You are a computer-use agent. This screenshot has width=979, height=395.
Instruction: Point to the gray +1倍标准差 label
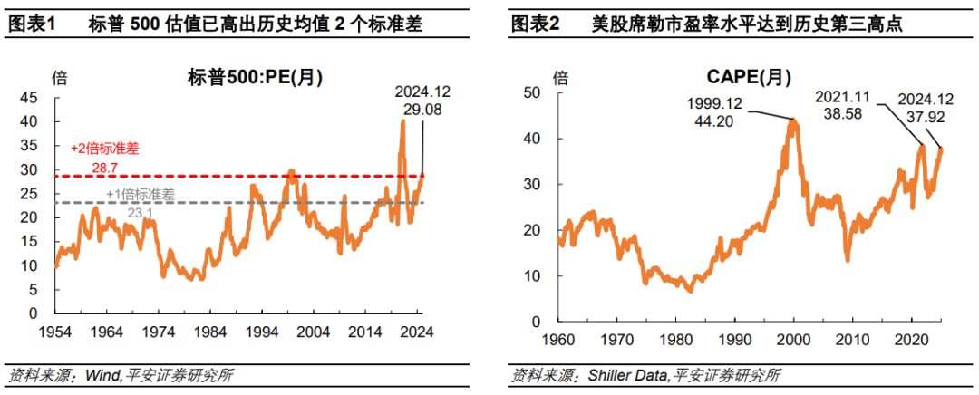coord(141,194)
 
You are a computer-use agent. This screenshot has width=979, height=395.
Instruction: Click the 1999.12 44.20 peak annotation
coord(714,111)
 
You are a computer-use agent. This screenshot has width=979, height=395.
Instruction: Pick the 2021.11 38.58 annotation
coord(842,103)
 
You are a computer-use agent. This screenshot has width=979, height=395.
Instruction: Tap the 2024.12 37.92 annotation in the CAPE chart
coord(925,107)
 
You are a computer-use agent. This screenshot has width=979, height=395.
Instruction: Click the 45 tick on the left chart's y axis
coord(28,98)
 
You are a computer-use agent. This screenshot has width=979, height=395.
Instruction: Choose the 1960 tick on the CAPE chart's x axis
coord(558,338)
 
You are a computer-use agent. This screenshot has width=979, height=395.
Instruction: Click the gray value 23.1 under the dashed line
coord(140,211)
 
